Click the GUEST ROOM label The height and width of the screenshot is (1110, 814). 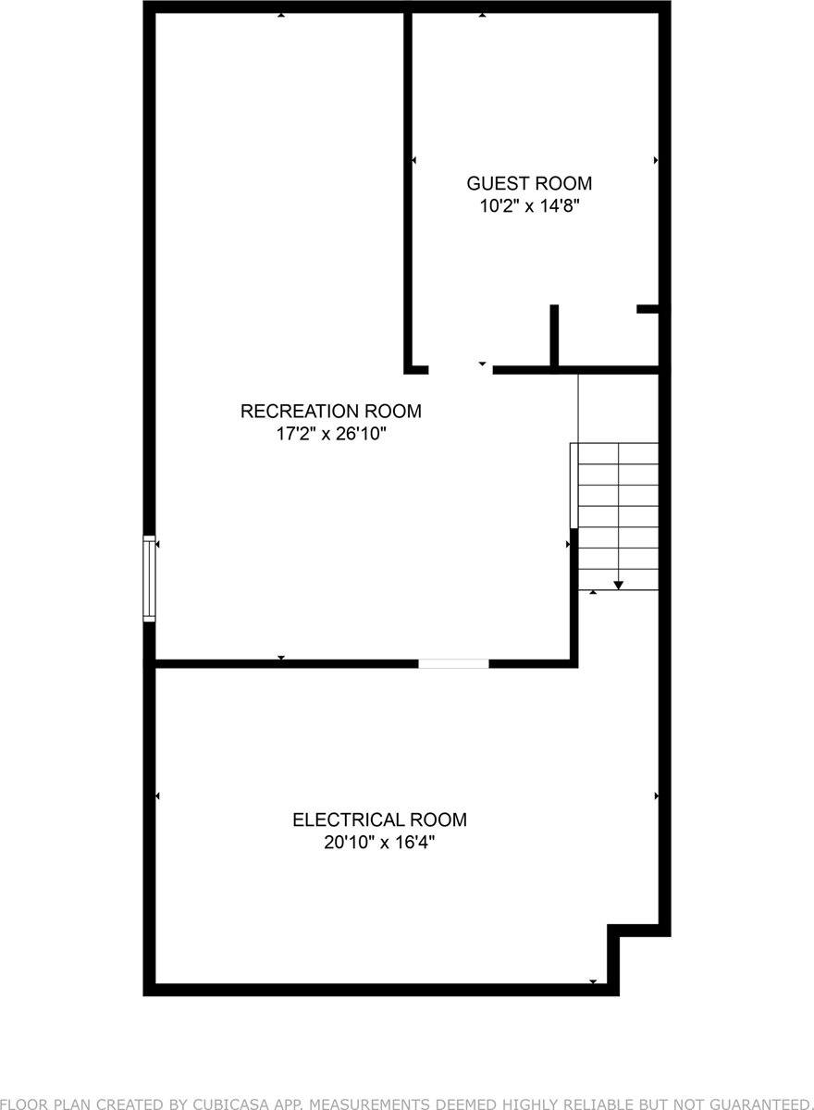529,183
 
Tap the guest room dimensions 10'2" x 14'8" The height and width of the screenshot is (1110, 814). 529,206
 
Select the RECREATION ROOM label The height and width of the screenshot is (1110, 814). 331,411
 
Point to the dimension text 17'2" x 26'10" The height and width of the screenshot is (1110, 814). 331,434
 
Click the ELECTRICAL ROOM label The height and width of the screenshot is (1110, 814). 379,820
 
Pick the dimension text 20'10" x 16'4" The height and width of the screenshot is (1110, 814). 379,843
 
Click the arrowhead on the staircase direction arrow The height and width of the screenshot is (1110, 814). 618,584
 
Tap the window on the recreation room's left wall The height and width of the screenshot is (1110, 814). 149,578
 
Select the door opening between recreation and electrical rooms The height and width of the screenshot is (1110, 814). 453,663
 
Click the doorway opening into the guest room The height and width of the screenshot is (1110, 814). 460,370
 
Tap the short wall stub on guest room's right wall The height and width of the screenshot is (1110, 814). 647,309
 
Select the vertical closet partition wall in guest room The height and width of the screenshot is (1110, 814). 554,335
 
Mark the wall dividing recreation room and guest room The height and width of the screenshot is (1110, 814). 407,185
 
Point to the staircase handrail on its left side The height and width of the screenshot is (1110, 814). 573,486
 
